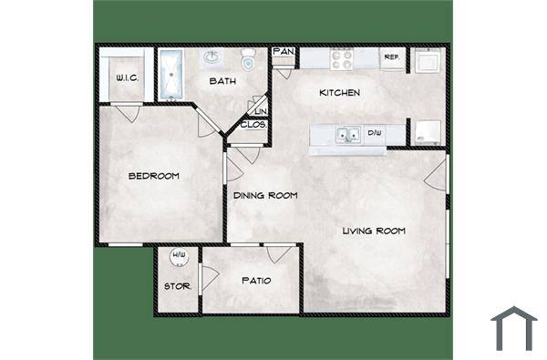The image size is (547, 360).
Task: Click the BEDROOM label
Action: (153, 176)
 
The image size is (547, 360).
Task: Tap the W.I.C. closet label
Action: (127, 78)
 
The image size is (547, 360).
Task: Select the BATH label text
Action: (223, 81)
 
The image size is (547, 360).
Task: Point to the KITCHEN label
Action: (339, 93)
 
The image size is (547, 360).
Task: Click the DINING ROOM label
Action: (265, 195)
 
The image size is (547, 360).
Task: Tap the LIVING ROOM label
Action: (374, 231)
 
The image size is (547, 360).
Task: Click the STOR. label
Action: (176, 287)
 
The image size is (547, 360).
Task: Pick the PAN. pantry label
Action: (283, 53)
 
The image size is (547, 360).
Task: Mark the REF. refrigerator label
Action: (392, 57)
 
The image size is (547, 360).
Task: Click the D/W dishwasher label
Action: (374, 134)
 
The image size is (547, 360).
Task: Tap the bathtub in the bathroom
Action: (172, 75)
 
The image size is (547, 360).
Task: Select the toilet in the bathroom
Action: (248, 59)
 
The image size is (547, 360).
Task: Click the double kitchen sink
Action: (346, 136)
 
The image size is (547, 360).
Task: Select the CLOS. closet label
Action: (253, 124)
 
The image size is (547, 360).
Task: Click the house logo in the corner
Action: (514, 328)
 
